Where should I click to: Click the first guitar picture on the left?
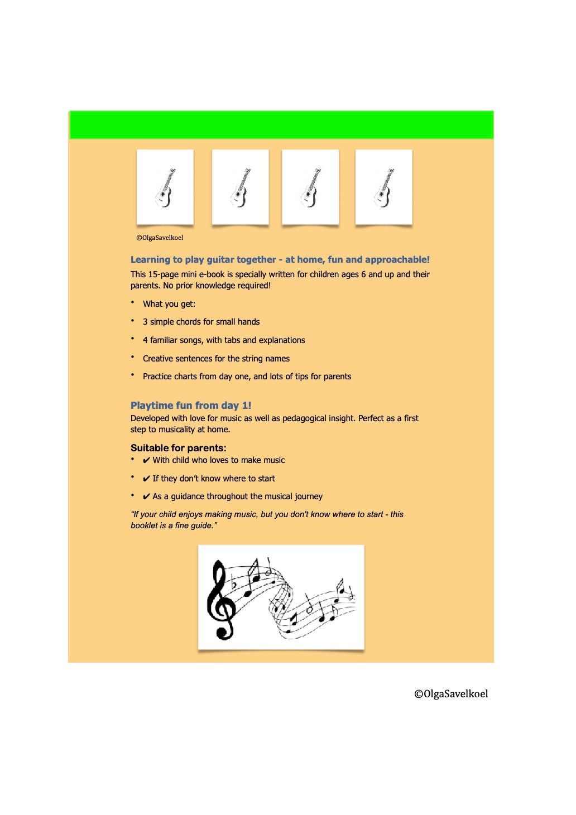165,187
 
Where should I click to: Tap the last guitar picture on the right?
384,187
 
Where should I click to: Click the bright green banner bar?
281,125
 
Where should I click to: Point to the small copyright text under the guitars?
160,238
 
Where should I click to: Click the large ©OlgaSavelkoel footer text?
451,694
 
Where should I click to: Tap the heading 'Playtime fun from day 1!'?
191,406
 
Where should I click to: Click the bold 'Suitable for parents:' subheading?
179,448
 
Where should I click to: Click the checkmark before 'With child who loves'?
146,461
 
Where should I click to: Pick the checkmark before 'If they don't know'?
146,479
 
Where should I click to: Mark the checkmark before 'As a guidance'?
146,497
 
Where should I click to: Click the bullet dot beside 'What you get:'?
133,302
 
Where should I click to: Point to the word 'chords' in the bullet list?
188,322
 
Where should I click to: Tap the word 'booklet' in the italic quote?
144,525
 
